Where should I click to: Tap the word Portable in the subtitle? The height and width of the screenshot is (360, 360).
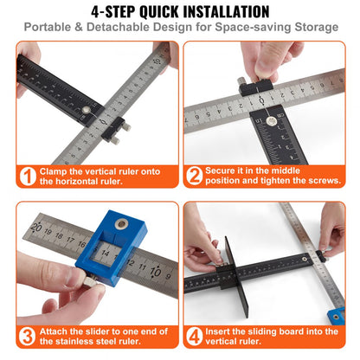point(53,28)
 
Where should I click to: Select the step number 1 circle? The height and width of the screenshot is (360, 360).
point(28,177)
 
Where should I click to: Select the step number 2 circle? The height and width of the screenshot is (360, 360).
point(195,177)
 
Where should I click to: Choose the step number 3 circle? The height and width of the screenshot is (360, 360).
point(28,334)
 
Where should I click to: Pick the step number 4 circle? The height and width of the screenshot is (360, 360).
point(195,334)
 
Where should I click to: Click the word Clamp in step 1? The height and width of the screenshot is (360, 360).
point(55,171)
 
